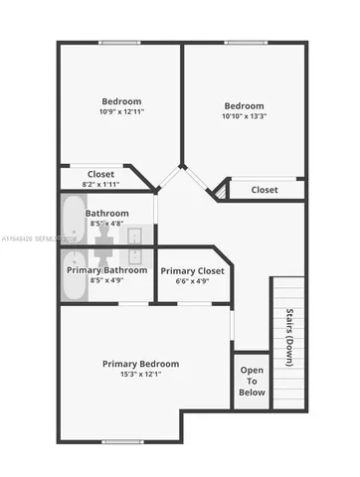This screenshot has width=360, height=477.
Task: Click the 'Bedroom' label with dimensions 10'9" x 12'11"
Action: [121, 100]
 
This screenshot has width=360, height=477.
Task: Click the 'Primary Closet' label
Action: [192, 270]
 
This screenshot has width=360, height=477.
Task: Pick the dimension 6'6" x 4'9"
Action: [192, 281]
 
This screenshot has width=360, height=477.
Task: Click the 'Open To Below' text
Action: [252, 380]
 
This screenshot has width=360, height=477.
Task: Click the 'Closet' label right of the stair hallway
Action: [265, 189]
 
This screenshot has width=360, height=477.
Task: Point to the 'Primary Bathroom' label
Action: [106, 269]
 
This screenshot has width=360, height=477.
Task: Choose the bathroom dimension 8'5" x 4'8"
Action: [106, 225]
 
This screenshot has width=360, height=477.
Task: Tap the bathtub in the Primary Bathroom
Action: [74, 280]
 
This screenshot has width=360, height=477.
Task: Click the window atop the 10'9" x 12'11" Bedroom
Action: [120, 42]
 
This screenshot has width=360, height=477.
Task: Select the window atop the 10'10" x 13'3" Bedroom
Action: [244, 42]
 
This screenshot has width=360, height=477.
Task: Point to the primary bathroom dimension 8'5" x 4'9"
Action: [106, 281]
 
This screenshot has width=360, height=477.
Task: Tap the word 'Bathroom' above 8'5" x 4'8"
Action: [106, 213]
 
